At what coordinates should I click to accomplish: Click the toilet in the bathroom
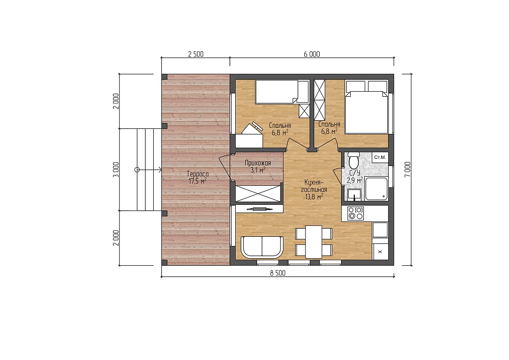353,159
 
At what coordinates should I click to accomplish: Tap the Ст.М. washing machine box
380,157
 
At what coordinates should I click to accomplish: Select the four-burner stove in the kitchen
355,213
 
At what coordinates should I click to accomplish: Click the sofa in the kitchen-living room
262,247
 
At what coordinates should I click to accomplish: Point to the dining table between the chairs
313,242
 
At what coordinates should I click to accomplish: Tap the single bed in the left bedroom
277,92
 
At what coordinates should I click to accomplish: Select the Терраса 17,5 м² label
197,178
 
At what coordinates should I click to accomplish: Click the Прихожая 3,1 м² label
258,166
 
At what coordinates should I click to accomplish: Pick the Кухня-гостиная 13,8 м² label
314,189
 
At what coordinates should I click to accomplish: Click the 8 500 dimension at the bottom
278,273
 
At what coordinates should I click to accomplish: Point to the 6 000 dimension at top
312,54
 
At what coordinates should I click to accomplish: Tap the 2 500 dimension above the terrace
196,54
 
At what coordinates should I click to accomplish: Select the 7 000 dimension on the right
408,169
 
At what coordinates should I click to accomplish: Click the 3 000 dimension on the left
116,170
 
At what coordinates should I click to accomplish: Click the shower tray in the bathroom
377,188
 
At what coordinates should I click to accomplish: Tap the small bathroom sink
354,195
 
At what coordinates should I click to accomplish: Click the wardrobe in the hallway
258,194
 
